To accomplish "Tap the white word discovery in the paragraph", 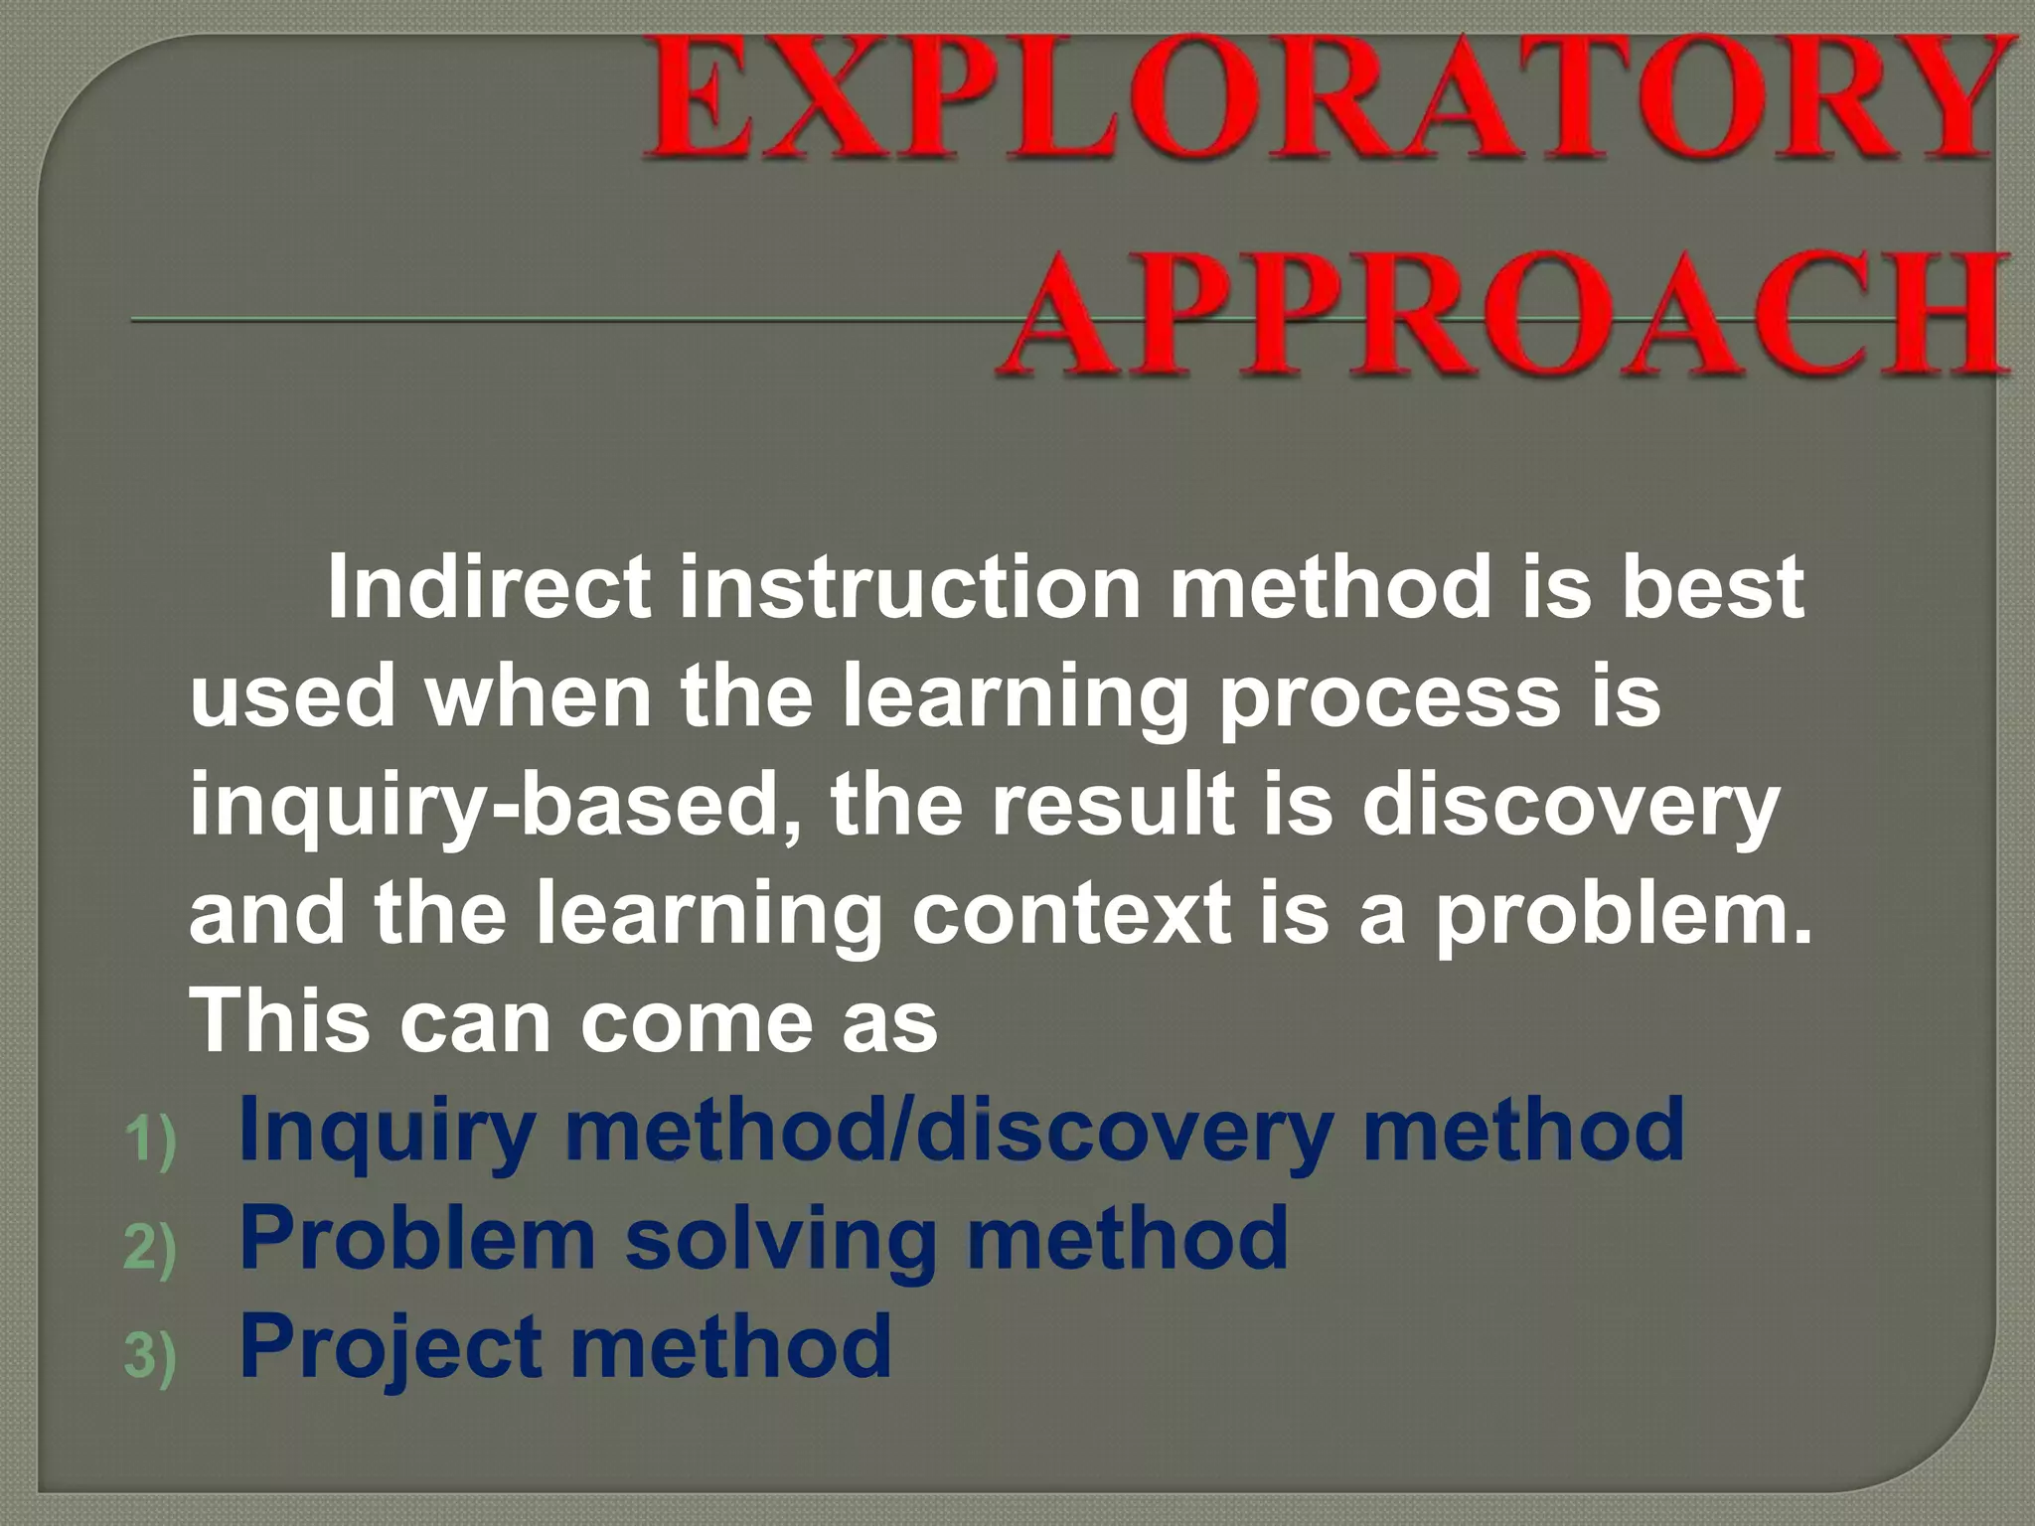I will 1570,807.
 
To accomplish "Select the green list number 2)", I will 150,1248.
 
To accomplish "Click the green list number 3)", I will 150,1356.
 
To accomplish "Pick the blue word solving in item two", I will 780,1240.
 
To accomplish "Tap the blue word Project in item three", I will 391,1349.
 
